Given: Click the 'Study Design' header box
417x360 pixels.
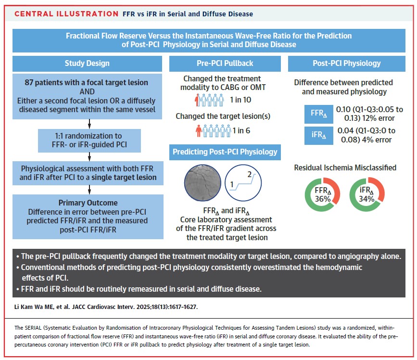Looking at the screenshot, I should [x=87, y=64].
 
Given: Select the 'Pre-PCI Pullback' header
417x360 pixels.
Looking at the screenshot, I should [x=225, y=64].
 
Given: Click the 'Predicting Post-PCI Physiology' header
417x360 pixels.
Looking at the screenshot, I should [x=225, y=152].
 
